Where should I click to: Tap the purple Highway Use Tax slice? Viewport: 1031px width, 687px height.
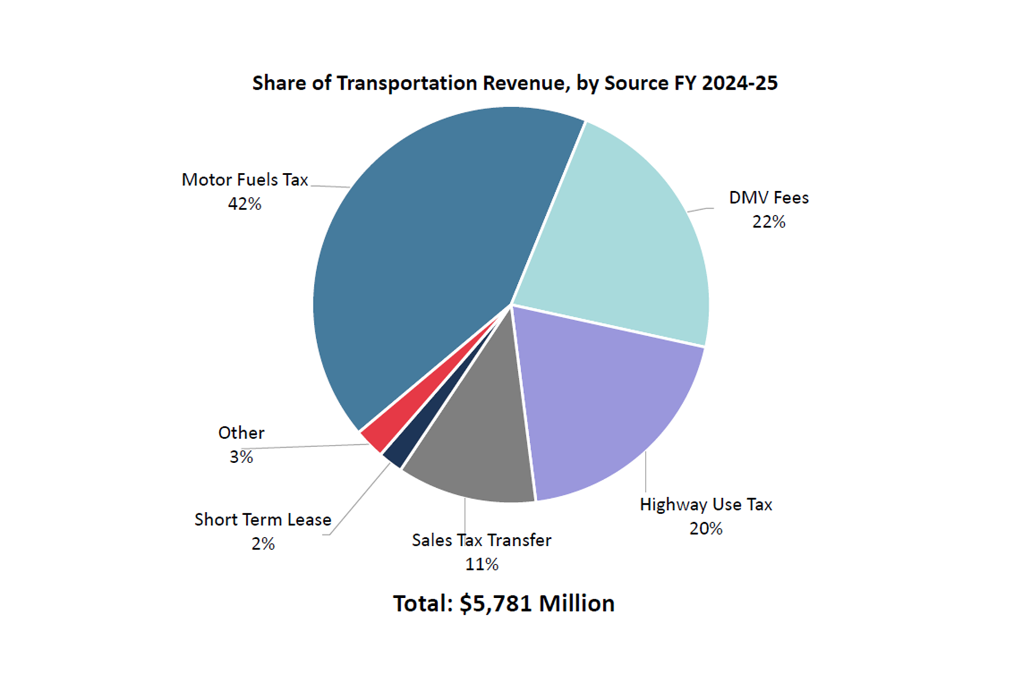click(x=607, y=401)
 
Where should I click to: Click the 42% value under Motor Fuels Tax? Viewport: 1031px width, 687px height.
click(x=245, y=204)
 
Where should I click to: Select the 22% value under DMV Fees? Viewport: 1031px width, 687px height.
click(x=769, y=222)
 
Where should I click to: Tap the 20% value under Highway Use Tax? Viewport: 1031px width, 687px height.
click(x=706, y=528)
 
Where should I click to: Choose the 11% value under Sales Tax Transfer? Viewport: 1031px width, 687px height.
click(x=482, y=564)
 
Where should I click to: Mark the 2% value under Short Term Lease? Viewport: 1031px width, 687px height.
click(x=263, y=543)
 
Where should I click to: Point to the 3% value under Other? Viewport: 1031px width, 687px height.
click(x=241, y=457)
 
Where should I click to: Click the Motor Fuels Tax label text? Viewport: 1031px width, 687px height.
click(x=245, y=180)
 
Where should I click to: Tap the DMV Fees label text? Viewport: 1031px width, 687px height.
click(x=769, y=198)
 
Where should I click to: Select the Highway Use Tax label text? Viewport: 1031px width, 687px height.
click(x=706, y=504)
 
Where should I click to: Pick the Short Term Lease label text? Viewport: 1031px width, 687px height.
click(x=263, y=519)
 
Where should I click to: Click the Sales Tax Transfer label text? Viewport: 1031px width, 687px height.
click(x=482, y=540)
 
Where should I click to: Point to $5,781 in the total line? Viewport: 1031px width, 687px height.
click(x=496, y=603)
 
